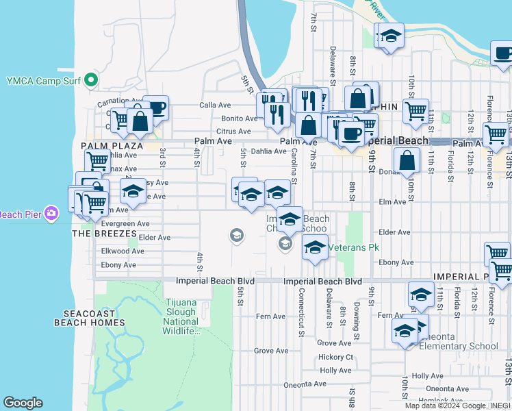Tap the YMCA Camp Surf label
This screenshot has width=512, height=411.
[45, 81]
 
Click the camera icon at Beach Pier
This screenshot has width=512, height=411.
[51, 214]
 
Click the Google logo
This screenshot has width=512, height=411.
[23, 402]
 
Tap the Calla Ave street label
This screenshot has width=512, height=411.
[214, 105]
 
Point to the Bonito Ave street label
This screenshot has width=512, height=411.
[239, 119]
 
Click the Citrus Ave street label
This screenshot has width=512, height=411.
[233, 131]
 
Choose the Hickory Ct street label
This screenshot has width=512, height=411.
[335, 358]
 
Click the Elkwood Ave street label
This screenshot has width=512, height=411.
[123, 251]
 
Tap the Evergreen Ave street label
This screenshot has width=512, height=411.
[125, 223]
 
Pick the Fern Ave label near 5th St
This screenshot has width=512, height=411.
[270, 316]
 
